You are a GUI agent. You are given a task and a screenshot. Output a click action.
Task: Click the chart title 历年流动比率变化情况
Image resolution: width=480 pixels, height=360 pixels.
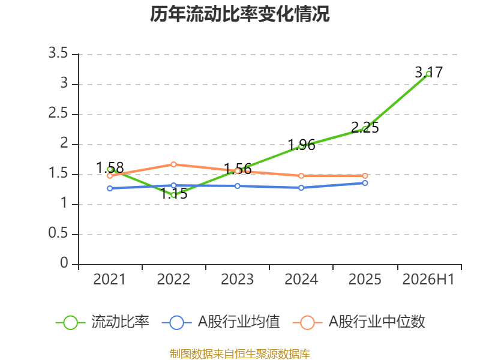239,14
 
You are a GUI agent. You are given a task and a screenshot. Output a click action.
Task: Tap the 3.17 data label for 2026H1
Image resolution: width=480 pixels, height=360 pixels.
428,72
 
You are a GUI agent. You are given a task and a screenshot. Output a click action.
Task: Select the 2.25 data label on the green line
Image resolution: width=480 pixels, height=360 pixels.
365,127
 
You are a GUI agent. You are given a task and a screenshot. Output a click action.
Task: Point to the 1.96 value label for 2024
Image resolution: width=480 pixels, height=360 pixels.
301,145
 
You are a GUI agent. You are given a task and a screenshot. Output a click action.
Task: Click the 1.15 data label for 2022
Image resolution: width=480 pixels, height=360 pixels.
173,193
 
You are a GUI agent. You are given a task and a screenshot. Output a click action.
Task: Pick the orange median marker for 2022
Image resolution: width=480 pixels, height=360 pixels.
173,164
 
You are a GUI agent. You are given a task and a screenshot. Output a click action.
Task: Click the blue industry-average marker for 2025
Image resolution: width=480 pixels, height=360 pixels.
365,183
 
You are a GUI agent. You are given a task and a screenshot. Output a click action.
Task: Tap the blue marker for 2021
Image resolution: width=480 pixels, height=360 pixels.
110,188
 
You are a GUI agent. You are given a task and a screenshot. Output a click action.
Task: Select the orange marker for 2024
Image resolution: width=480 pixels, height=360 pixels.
301,176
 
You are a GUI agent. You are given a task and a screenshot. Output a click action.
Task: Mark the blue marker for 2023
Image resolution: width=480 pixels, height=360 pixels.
238,186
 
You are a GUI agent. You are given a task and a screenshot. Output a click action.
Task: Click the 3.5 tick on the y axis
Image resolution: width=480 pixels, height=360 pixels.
58,53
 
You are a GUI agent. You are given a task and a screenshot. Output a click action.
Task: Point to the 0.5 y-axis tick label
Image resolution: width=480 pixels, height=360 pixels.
58,233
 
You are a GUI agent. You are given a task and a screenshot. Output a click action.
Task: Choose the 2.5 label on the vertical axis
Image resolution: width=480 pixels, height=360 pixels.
58,113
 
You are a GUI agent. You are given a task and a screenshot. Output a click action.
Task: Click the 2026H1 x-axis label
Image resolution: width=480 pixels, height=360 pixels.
428,279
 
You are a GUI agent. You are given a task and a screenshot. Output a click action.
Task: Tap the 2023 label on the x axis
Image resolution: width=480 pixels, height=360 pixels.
238,279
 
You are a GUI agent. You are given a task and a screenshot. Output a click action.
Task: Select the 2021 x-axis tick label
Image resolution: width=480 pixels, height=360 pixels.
110,279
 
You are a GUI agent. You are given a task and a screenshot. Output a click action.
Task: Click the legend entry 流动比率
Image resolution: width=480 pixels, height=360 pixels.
103,322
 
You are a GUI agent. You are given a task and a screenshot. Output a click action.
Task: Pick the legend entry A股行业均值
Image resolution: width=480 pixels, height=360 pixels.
221,322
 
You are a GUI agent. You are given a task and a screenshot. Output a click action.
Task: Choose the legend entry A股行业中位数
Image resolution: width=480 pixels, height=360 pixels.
359,322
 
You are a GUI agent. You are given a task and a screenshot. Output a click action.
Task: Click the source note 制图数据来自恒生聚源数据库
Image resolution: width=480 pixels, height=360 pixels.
240,354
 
